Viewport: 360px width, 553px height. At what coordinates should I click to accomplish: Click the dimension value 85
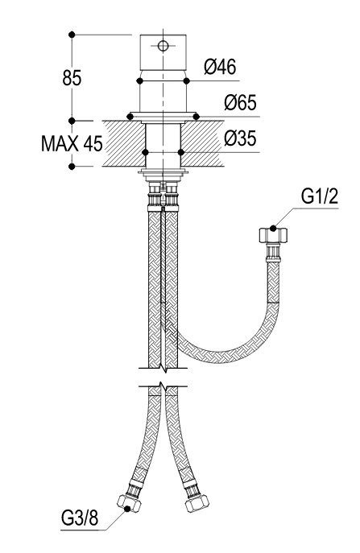[72, 77]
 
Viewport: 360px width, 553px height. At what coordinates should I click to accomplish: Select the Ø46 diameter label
[220, 66]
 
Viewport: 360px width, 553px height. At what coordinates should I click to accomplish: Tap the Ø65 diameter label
[240, 102]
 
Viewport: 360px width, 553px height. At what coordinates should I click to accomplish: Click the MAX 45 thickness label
[72, 143]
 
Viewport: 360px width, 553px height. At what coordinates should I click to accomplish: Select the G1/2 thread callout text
[320, 196]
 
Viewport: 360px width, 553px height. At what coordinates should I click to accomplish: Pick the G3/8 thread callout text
[80, 518]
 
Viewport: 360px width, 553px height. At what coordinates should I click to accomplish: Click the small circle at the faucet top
[163, 46]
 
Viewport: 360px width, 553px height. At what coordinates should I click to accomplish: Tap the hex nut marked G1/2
[273, 235]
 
